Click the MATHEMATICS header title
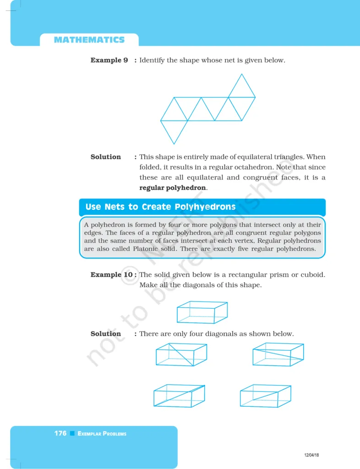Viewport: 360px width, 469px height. [89, 40]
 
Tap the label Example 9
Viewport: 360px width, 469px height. [109, 60]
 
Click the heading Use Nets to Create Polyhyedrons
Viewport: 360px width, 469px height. [160, 207]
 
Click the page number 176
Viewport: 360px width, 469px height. [60, 433]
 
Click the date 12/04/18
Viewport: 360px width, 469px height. [311, 455]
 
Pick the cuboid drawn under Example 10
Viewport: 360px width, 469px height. [202, 312]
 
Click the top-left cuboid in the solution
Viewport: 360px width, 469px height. [181, 354]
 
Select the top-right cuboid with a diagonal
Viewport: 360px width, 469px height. [278, 354]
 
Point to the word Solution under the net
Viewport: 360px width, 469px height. [106, 157]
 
